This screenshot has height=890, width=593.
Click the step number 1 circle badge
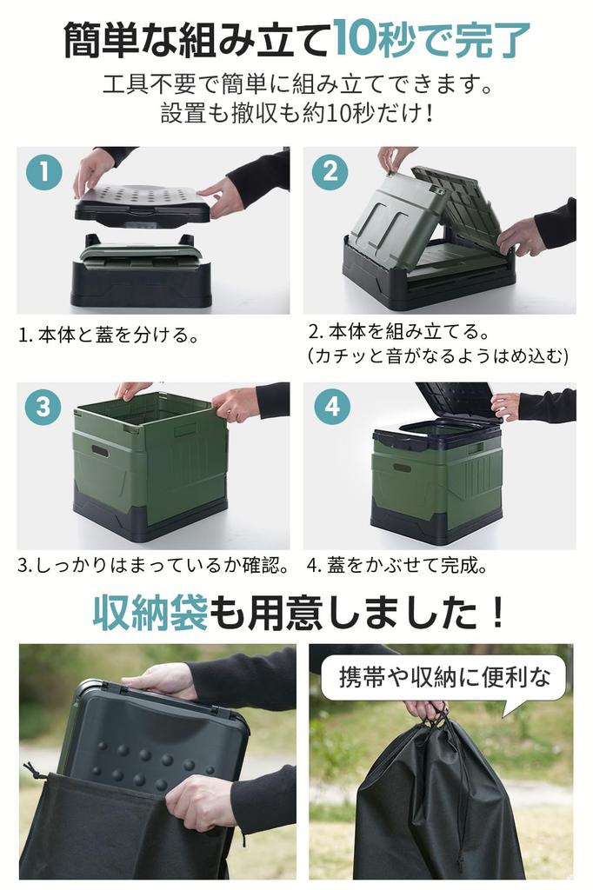[x=43, y=172]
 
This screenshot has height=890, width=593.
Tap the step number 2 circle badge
[x=330, y=172]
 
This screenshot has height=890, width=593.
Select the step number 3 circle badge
[x=43, y=406]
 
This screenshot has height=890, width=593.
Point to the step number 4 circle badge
[x=331, y=406]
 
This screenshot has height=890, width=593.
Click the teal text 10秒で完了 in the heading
[x=431, y=38]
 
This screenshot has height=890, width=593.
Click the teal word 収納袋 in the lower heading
[x=150, y=614]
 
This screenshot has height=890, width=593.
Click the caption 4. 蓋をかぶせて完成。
[x=396, y=565]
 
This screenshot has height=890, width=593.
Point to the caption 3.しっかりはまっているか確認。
[x=153, y=565]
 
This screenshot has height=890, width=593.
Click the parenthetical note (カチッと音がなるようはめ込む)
[x=438, y=355]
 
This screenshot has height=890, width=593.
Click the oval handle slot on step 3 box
[x=101, y=451]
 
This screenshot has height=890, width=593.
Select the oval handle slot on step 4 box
[x=402, y=468]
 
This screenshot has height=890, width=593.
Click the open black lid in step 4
[x=456, y=401]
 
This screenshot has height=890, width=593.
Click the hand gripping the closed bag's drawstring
[x=426, y=708]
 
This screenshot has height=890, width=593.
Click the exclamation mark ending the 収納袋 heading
[x=496, y=614]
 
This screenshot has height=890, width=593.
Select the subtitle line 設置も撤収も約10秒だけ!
[x=296, y=114]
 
